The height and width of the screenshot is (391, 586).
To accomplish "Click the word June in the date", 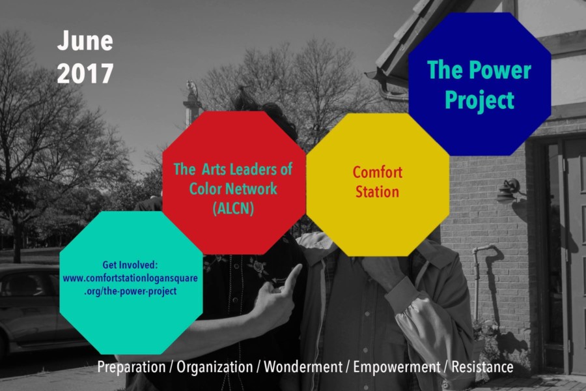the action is [85, 40].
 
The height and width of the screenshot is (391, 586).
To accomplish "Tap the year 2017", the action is [85, 74].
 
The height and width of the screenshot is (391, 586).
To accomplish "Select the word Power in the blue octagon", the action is [500, 70].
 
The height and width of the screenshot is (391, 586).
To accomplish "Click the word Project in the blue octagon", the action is [479, 100].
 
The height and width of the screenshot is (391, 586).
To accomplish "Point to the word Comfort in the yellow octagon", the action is [378, 173].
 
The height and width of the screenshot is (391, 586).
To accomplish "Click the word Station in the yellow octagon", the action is [377, 192].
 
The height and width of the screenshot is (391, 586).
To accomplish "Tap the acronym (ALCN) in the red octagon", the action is [233, 208].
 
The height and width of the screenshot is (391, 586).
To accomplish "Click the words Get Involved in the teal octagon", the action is [130, 265].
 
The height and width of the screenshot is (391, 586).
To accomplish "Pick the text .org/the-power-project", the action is [130, 291].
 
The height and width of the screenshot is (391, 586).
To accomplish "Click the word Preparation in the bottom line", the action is [131, 367].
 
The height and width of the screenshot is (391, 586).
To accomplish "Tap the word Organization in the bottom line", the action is [214, 367].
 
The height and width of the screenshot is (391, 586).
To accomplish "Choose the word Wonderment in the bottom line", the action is [303, 367].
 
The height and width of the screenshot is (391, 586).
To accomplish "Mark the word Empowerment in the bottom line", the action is [397, 367].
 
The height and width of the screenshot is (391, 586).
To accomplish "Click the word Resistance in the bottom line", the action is [482, 367].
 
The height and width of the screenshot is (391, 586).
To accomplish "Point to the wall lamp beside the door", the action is [510, 190].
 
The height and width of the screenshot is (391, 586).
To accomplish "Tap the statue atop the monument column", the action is [191, 89].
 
